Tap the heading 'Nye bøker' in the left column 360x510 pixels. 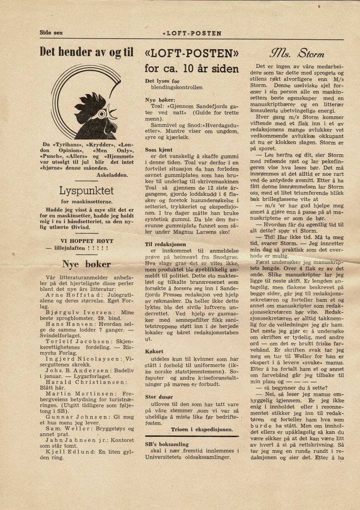[x=86, y=263]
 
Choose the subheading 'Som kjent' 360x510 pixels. [x=158, y=149]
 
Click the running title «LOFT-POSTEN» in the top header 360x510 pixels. [x=192, y=33]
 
